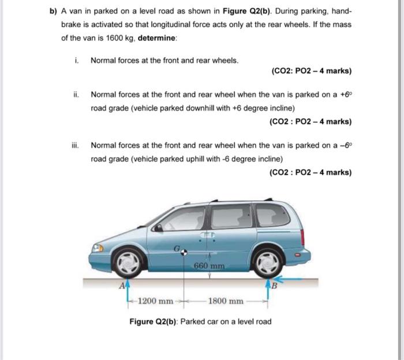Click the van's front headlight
pyautogui.click(x=98, y=247)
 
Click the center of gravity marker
pyautogui.click(x=184, y=252)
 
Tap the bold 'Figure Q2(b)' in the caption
pyautogui.click(x=154, y=321)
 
